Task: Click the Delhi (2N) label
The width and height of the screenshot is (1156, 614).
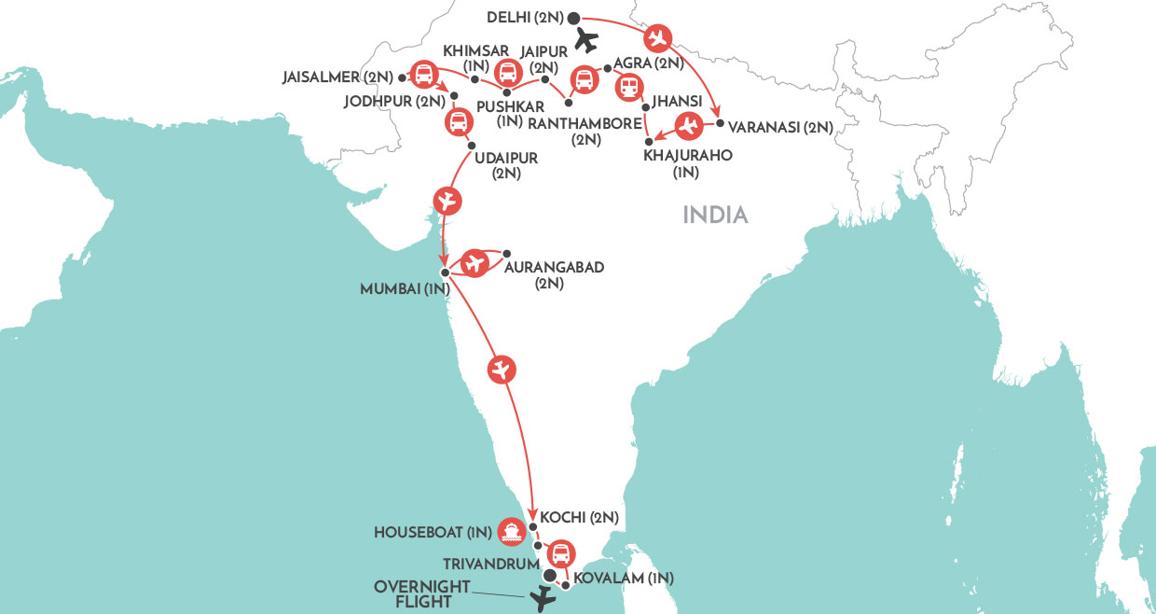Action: (x=525, y=17)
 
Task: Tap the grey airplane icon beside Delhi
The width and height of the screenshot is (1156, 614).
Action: (x=586, y=40)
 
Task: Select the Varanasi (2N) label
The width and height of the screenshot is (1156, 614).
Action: (x=781, y=126)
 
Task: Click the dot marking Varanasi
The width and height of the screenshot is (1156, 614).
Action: (x=720, y=122)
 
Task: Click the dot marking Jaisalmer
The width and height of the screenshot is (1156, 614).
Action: (x=402, y=77)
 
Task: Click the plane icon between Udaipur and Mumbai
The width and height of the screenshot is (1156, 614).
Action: (x=447, y=200)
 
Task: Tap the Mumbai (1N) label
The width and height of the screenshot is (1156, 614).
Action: (x=399, y=290)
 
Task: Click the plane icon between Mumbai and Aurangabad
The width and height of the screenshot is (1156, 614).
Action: (x=475, y=263)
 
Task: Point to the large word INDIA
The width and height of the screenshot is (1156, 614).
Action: (x=716, y=216)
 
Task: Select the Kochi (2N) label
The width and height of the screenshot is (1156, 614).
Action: (x=580, y=517)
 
